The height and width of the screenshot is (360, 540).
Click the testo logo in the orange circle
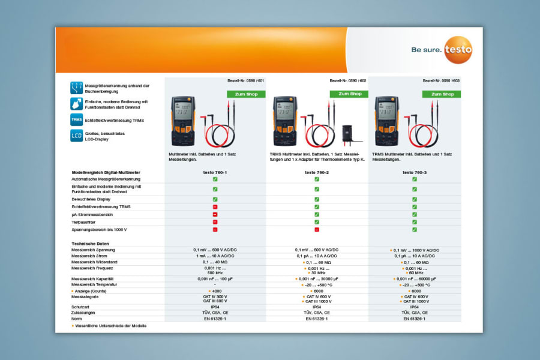[x=458, y=50]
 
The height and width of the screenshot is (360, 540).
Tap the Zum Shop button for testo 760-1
[x=246, y=94]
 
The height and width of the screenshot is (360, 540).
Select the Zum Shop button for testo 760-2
[x=349, y=94]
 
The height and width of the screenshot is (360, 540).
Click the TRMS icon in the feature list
[x=76, y=120]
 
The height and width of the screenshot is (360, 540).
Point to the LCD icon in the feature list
[x=76, y=136]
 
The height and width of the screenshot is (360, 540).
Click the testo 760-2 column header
[x=316, y=172]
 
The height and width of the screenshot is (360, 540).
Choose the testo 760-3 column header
[x=415, y=172]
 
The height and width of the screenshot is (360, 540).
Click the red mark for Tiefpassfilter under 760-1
[x=215, y=222]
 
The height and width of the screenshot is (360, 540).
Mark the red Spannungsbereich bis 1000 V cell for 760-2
[x=316, y=230]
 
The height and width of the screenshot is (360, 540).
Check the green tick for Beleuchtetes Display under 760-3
[x=415, y=199]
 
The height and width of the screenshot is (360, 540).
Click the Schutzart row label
[x=80, y=307]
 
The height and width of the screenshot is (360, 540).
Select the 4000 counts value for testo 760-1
[x=215, y=290]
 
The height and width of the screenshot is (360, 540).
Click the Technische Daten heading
[x=90, y=244]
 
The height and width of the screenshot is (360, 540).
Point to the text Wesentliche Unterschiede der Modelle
[x=110, y=326]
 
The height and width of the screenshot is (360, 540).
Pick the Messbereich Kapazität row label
[x=94, y=279]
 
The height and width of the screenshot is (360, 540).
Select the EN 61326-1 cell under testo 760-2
[x=316, y=319]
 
